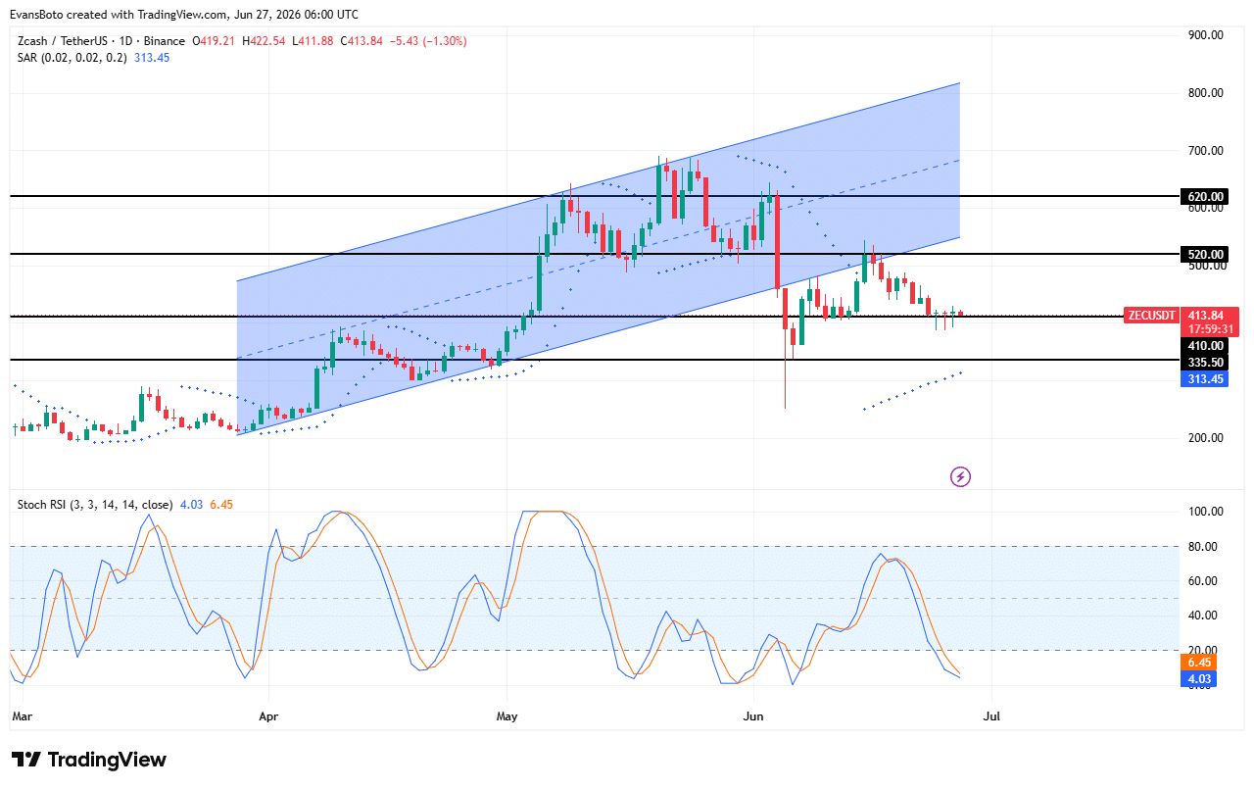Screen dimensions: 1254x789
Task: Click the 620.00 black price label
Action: (x=1204, y=197)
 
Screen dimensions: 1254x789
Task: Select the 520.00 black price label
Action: (x=1204, y=254)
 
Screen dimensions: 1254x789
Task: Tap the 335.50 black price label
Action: (x=1204, y=363)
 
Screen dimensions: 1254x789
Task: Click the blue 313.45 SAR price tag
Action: (x=1204, y=379)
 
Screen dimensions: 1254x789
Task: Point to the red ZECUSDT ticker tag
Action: (x=1151, y=316)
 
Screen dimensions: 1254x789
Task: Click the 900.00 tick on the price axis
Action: (x=1205, y=35)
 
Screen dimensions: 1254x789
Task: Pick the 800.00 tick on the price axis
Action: (x=1205, y=93)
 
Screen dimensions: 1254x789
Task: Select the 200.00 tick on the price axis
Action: (x=1205, y=438)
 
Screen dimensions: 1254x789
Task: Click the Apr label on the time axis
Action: (x=268, y=716)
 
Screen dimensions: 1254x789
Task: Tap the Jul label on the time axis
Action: (x=991, y=716)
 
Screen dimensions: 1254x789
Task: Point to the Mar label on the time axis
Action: (x=23, y=716)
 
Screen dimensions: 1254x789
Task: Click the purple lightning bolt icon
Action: (x=961, y=477)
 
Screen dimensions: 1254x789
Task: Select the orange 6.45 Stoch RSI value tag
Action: (x=1199, y=663)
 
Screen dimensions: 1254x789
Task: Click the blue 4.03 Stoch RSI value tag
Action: (x=1199, y=679)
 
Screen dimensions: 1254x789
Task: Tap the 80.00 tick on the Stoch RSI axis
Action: (x=1202, y=547)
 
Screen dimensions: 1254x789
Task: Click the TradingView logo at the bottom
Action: (x=89, y=760)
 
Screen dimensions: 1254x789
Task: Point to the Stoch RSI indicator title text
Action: (x=95, y=505)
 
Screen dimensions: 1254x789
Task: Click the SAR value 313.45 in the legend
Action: (x=152, y=58)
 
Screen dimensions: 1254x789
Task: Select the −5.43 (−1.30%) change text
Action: (x=428, y=41)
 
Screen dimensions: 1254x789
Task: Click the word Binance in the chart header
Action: (x=164, y=41)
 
